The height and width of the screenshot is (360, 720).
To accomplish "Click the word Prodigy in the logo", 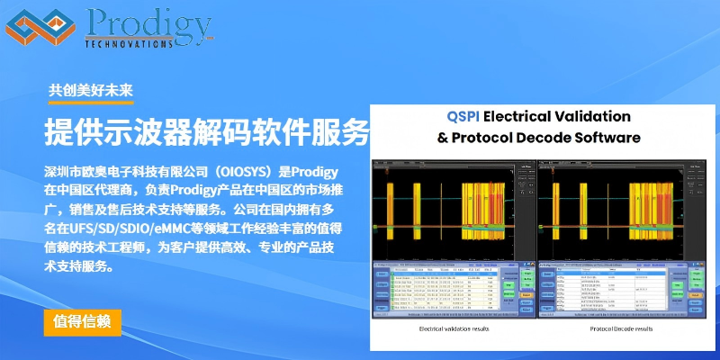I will tap(149, 22).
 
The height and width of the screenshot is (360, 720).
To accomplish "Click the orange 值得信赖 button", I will tap(82, 321).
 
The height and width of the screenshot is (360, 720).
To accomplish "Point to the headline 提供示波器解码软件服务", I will tap(207, 133).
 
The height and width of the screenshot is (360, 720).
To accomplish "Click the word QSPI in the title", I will tap(465, 116).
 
